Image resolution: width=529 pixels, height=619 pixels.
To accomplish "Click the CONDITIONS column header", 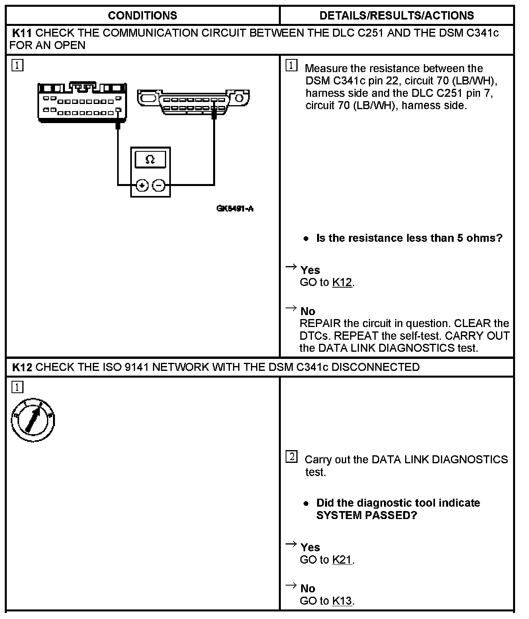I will (142, 16).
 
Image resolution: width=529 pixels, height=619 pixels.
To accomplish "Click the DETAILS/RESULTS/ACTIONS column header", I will (396, 16).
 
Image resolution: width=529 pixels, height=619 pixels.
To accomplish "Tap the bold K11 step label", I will (22, 33).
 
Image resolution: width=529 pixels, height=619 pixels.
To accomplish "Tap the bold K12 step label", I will (22, 367).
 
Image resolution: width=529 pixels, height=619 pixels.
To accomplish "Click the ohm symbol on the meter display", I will (150, 159).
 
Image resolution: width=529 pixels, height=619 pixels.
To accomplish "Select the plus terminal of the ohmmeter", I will (142, 185).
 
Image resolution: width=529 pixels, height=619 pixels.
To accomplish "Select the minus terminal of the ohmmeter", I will (159, 185).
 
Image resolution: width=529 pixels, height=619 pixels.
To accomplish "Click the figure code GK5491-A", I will (235, 208).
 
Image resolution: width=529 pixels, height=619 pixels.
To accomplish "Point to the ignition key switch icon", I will (33, 420).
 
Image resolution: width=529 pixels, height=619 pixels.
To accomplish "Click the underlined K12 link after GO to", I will (342, 282).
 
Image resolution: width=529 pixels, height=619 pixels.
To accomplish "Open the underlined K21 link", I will (342, 560).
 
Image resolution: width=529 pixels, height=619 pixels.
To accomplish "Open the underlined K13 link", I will (342, 601).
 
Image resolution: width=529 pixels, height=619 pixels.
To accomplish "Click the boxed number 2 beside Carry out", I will (292, 457).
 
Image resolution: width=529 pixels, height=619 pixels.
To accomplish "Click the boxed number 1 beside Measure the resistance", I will (292, 66).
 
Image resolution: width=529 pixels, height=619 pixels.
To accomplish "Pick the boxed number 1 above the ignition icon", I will (17, 387).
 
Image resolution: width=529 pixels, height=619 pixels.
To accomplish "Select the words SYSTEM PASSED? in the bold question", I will (366, 515).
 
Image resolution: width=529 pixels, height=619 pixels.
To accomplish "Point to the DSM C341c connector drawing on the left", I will (82, 103).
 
